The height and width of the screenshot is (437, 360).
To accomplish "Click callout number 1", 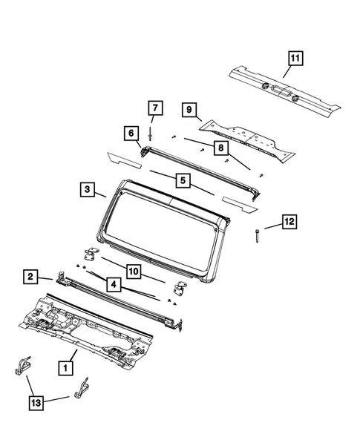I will pos(65,367).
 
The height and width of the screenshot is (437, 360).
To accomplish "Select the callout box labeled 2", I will pos(30,277).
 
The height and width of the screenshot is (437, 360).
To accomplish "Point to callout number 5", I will pos(180,180).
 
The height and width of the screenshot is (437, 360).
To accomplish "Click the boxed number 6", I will pos(131,133).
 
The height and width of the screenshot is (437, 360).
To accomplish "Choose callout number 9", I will pos(189,110).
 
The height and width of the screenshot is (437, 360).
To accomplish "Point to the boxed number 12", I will pos(289,222).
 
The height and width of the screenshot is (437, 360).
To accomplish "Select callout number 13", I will pos(35,402).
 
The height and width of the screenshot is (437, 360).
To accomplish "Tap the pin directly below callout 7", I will pos(151,134).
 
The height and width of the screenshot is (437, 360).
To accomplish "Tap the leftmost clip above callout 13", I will pos(24,364).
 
